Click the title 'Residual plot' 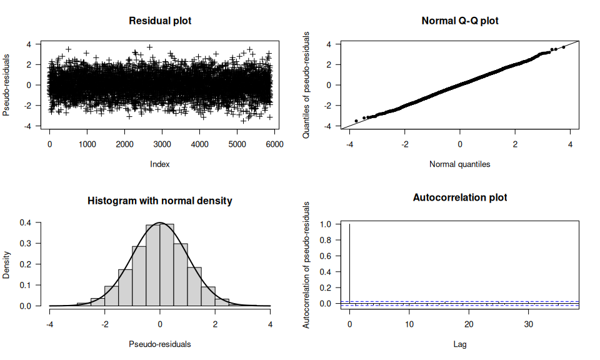pyautogui.click(x=160, y=21)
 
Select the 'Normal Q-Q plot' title pyautogui.click(x=460, y=21)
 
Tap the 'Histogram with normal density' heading pyautogui.click(x=160, y=201)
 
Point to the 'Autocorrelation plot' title pyautogui.click(x=460, y=197)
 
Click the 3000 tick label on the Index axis pyautogui.click(x=162, y=144)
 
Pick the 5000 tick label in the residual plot pyautogui.click(x=237, y=144)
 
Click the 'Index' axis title pyautogui.click(x=160, y=164)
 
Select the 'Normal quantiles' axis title pyautogui.click(x=460, y=164)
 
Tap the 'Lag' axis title pyautogui.click(x=460, y=344)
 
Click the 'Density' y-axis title pyautogui.click(x=7, y=264)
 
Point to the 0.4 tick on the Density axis pyautogui.click(x=26, y=222)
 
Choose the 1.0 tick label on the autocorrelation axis pyautogui.click(x=326, y=224)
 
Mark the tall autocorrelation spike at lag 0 pyautogui.click(x=350, y=262)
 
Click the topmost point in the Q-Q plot pyautogui.click(x=563, y=47)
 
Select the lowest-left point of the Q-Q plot pyautogui.click(x=356, y=121)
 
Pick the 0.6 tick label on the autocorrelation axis pyautogui.click(x=326, y=256)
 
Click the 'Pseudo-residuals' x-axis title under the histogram pyautogui.click(x=160, y=344)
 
